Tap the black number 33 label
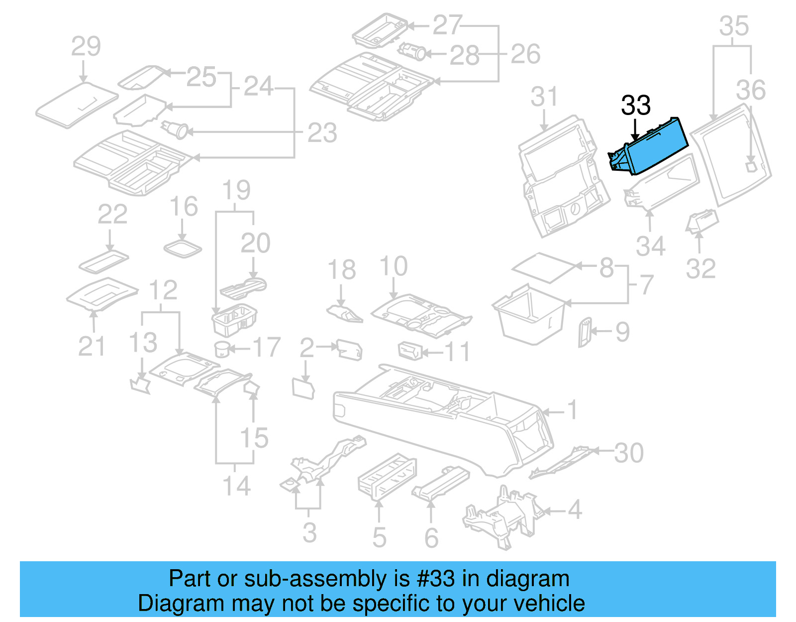coord(635,106)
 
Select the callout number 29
coord(86,47)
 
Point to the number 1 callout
coord(573,410)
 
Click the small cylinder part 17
coord(222,349)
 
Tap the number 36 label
coord(750,91)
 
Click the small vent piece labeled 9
coord(584,332)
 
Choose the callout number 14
coord(236,486)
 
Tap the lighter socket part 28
coord(413,51)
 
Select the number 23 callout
coord(322,133)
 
